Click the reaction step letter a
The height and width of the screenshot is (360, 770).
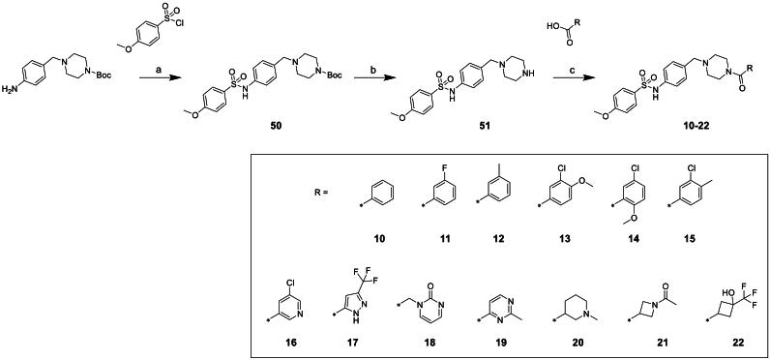coord(151,61)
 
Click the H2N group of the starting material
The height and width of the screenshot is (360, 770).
coord(12,93)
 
